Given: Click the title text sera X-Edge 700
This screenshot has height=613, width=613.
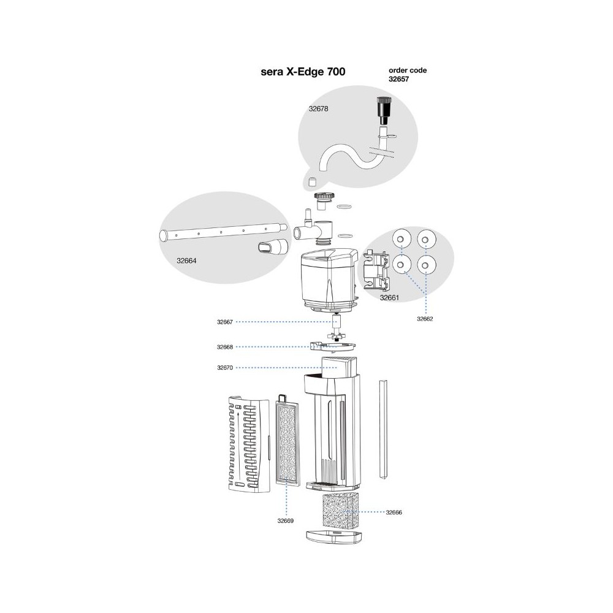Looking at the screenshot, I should pos(303,72).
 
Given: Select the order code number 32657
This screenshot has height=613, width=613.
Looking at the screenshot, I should pos(399,78).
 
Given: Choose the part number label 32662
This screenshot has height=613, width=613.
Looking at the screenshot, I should pos(425,319).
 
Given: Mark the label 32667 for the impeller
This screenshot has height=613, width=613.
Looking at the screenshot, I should pos(225,321).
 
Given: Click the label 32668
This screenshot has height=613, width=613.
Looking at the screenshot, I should pos(225,347).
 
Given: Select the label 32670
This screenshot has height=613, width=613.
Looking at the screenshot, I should pos(225,368).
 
